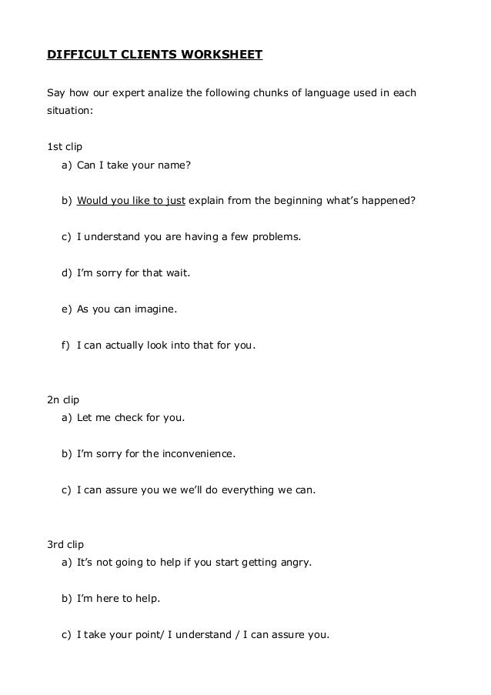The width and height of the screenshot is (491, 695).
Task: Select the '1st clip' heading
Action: (x=65, y=145)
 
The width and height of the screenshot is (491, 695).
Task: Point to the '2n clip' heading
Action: (x=64, y=400)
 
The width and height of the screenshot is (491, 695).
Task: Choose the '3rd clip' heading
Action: (x=65, y=545)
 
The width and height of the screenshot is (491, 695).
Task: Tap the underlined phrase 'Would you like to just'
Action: (x=131, y=202)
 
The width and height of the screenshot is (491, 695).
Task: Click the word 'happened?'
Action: (x=389, y=202)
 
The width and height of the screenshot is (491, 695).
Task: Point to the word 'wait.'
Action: (x=177, y=273)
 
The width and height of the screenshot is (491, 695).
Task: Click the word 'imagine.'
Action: (x=155, y=309)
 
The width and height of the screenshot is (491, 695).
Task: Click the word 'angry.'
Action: (x=295, y=563)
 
